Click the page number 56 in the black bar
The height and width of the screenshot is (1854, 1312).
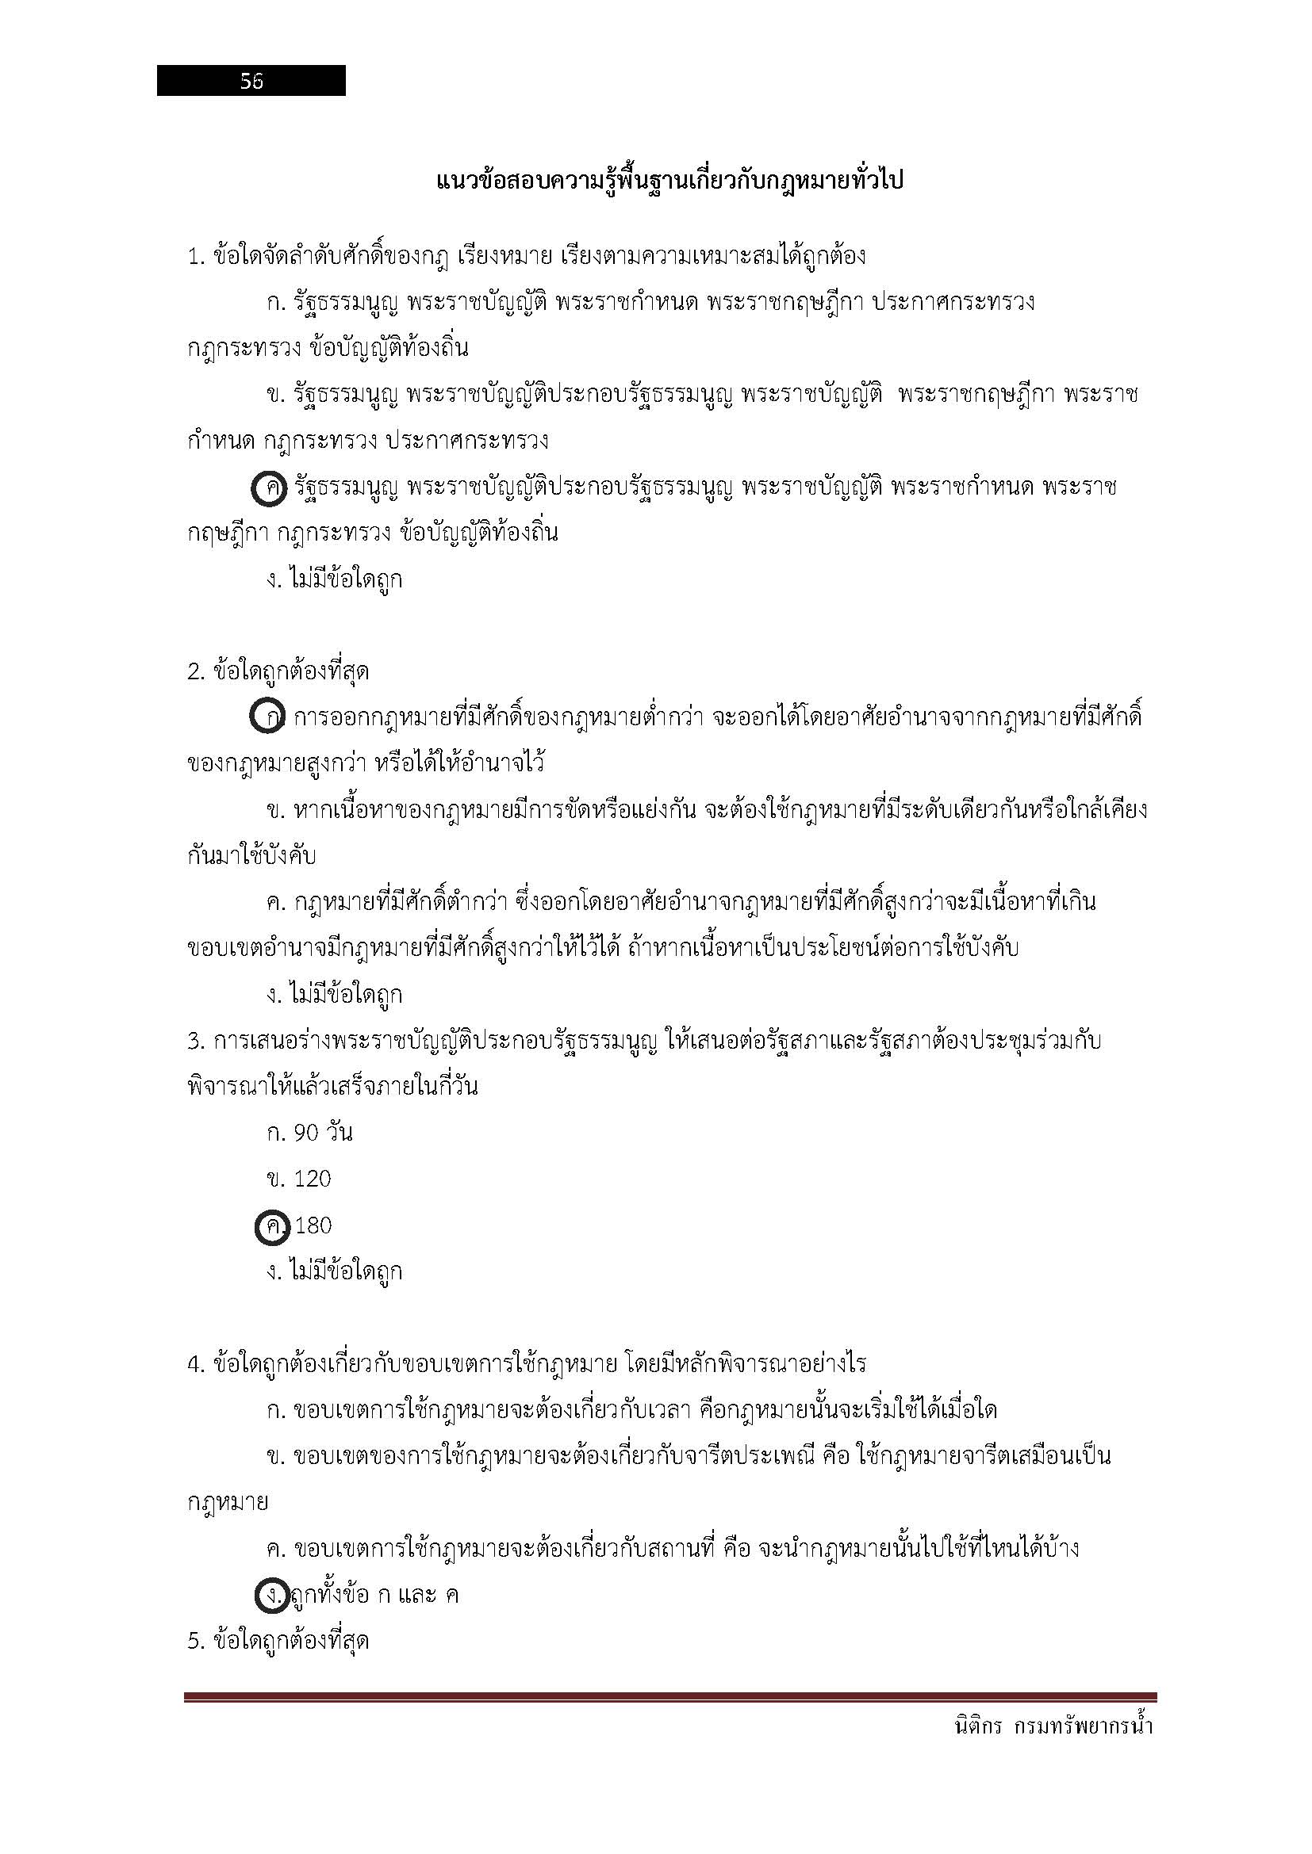(251, 81)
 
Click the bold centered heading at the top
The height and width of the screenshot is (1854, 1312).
(669, 180)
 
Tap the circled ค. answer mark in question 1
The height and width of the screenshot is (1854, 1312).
(269, 489)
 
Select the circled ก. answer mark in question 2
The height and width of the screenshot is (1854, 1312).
(267, 717)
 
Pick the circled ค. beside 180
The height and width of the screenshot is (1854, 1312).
(272, 1226)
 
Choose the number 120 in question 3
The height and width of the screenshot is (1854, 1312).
(313, 1179)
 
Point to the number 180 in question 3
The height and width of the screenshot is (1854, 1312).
(313, 1225)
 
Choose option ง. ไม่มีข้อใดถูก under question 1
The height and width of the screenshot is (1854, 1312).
(335, 579)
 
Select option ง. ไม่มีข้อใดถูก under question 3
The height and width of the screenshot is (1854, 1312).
(335, 1271)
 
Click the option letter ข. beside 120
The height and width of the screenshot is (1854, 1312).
(275, 1179)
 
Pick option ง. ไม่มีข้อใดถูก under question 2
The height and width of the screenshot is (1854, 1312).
(335, 995)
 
